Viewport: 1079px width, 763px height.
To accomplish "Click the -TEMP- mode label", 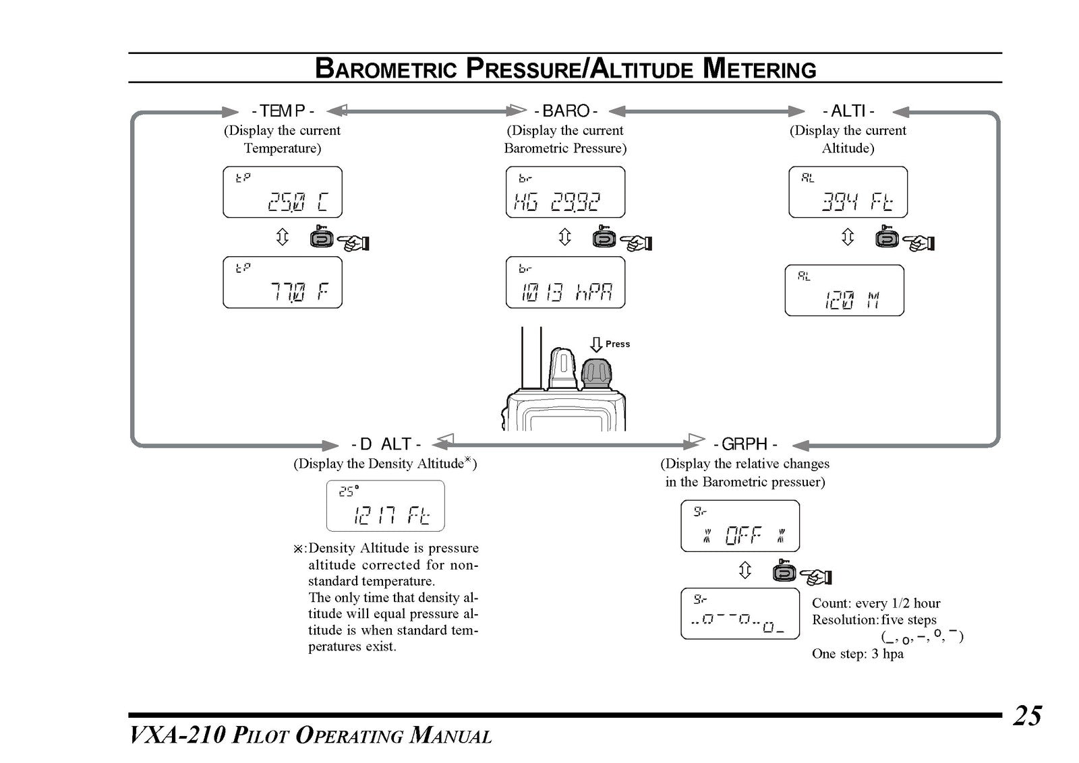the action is (283, 111).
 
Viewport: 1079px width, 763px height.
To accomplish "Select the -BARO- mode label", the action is (566, 111).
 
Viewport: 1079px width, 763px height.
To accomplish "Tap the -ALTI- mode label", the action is (848, 111).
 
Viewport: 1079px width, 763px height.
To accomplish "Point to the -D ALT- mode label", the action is (386, 444).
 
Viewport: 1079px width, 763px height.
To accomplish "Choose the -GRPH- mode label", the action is (745, 444).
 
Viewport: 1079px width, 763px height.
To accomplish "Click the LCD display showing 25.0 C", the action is (283, 192).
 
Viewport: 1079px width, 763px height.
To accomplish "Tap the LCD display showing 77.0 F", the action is (283, 282).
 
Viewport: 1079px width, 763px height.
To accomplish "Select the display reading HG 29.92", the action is (566, 192).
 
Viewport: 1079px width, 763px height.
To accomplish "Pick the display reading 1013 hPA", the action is (566, 282).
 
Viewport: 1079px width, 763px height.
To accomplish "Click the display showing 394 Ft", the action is (848, 192).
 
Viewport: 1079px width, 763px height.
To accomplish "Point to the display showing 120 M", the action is (844, 291).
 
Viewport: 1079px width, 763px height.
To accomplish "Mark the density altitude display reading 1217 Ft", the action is (385, 506).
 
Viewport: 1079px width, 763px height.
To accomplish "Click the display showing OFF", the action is (740, 526).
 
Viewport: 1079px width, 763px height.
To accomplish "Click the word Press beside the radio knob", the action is (618, 344).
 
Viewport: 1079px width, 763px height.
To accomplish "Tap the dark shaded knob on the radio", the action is (596, 373).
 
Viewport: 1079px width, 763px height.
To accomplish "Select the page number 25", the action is (1028, 716).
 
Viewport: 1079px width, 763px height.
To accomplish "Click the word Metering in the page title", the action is (759, 68).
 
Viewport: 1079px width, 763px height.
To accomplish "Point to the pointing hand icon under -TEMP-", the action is (353, 242).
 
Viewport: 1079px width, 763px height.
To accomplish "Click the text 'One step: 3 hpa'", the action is (858, 654).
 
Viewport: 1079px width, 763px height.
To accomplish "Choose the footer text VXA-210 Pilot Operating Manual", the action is (311, 736).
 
